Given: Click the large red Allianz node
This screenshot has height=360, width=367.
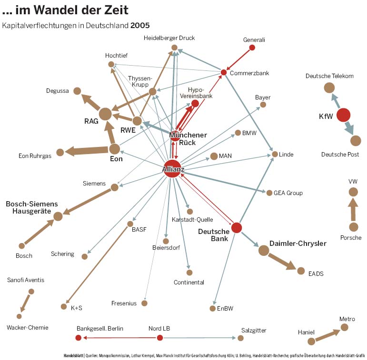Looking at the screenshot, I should tap(172, 169).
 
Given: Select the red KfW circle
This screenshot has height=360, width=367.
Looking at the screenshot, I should tap(343, 115).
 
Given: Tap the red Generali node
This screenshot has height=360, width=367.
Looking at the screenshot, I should tap(252, 48).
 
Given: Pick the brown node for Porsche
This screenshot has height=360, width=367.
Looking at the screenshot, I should tap(353, 227).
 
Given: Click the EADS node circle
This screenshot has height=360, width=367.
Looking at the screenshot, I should tap(301, 271).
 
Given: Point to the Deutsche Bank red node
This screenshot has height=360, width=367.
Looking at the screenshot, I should tap(237, 228).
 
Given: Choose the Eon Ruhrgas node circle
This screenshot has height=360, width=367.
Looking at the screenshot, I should tap(60, 152).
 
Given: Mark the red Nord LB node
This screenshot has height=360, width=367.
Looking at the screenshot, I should tap(160, 338).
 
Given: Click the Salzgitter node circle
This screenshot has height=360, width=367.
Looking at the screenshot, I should tap(240, 338).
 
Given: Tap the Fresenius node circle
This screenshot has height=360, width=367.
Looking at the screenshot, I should tap(144, 303).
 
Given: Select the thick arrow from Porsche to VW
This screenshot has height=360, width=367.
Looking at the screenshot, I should tap(353, 209).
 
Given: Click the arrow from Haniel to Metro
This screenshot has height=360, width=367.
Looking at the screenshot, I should tap(327, 334).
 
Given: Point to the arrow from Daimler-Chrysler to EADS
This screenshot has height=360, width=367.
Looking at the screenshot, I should tap(283, 261).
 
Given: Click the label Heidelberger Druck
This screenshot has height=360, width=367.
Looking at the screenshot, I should tap(169, 38).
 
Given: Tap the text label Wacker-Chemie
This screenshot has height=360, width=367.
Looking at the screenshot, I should tap(27, 328).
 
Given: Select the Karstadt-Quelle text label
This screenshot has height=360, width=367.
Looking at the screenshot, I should tap(192, 220).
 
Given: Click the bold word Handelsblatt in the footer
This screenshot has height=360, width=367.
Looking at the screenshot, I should tap(74, 355).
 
